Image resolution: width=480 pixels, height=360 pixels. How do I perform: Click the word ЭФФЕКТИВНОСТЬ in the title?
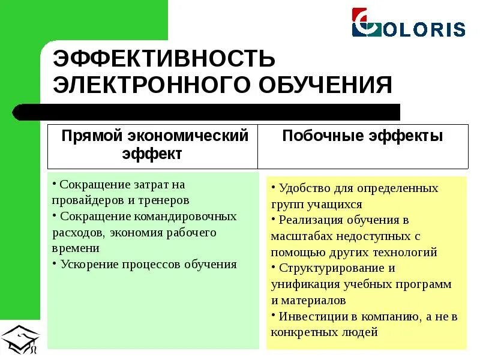[x=164, y=59]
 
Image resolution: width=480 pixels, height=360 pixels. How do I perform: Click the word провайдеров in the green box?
[x=85, y=200]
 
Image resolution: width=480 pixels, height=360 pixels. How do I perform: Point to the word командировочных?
[x=185, y=216]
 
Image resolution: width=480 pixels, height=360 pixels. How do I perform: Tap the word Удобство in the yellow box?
[x=304, y=188]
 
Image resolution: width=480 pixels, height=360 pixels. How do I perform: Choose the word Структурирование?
[x=331, y=268]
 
